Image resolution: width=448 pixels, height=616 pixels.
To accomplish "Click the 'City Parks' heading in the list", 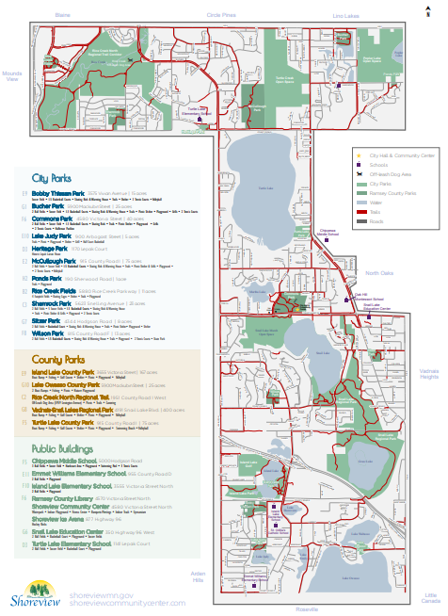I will pyautogui.click(x=52, y=177).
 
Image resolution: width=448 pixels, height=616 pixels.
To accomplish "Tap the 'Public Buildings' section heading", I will pyautogui.click(x=63, y=449).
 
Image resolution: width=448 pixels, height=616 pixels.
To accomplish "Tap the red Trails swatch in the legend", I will pyautogui.click(x=358, y=213).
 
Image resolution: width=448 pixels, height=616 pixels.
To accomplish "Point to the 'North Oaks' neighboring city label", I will pyautogui.click(x=379, y=272).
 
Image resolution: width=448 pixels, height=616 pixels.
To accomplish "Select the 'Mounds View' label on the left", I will pyautogui.click(x=11, y=75).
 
